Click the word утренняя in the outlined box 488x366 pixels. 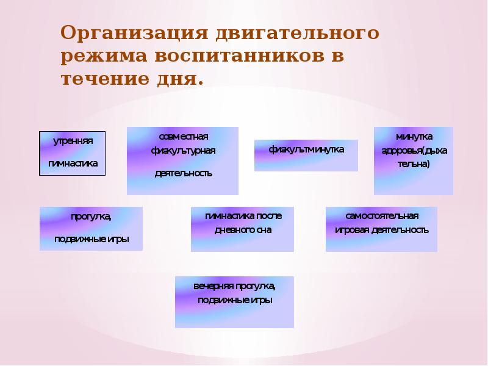click(73, 141)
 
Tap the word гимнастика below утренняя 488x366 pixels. click(73, 164)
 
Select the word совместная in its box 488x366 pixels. click(183, 135)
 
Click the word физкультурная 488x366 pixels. click(183, 150)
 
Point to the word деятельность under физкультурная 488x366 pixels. click(183, 173)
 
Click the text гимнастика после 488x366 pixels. click(243, 216)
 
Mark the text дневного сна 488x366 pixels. click(243, 231)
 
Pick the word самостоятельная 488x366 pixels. click(381, 216)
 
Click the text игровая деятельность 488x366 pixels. click(381, 231)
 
